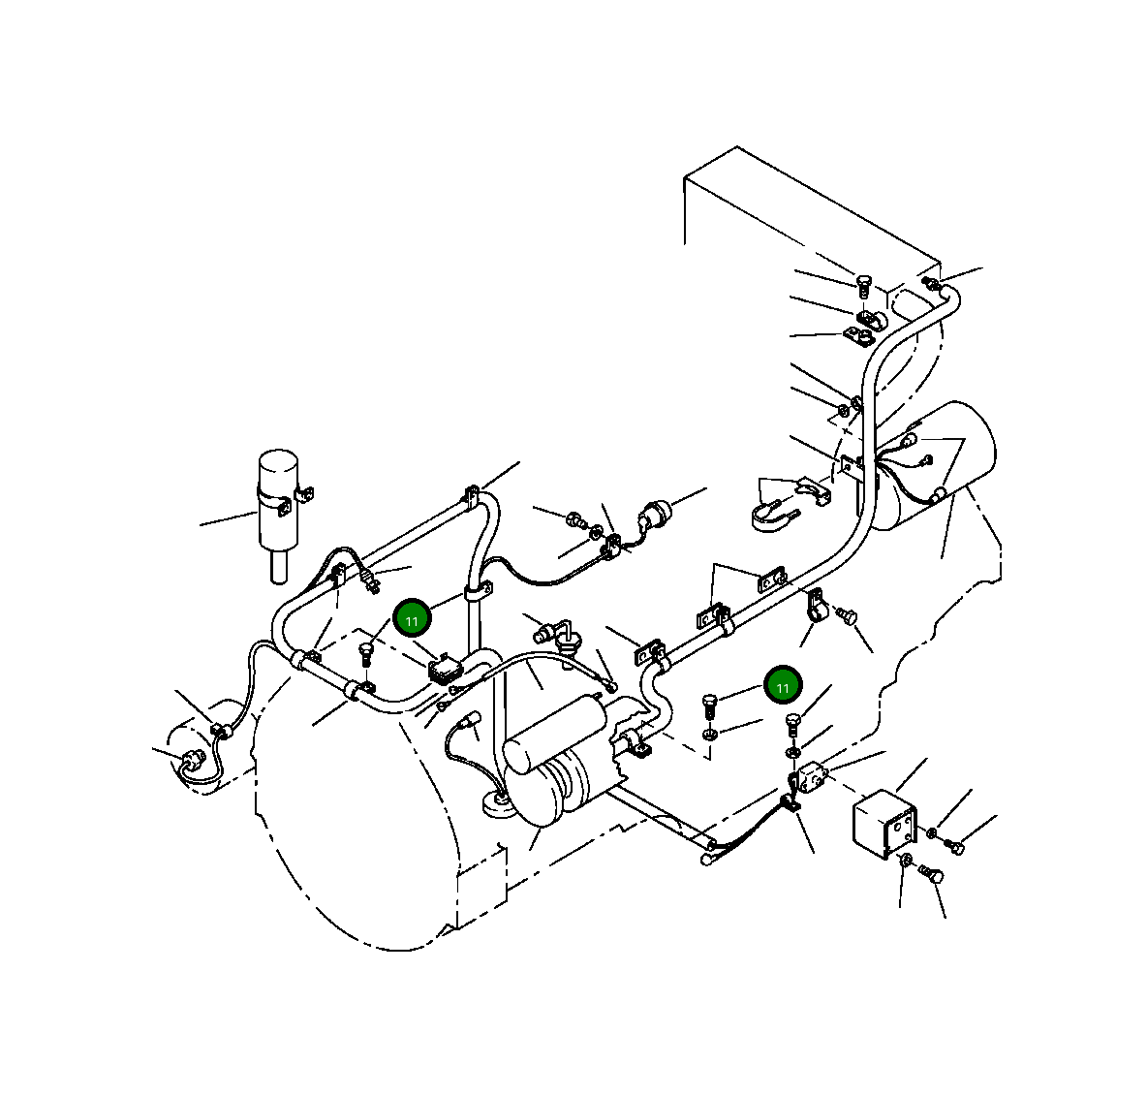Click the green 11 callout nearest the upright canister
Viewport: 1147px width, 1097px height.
[412, 619]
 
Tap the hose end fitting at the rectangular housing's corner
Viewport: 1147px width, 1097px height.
[931, 283]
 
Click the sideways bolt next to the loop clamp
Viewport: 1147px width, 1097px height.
[848, 614]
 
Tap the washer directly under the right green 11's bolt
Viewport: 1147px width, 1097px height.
[709, 735]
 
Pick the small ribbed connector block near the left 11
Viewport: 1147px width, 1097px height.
[443, 669]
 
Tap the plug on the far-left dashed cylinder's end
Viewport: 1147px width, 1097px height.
[191, 759]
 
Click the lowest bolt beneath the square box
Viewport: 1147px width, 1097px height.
[935, 876]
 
